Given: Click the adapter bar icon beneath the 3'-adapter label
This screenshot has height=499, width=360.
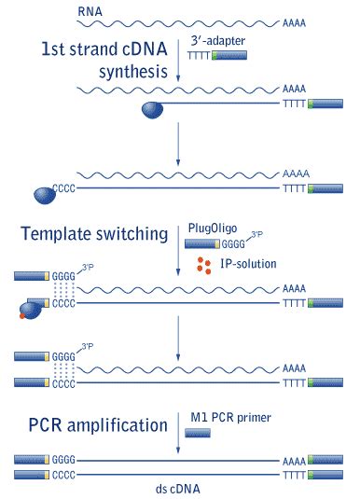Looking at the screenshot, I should tap(229, 58).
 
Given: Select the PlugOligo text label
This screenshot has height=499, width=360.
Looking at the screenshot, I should tap(216, 229).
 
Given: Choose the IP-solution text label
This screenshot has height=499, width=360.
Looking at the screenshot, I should tap(246, 264).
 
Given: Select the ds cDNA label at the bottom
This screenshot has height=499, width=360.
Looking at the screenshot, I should tap(177, 487).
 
